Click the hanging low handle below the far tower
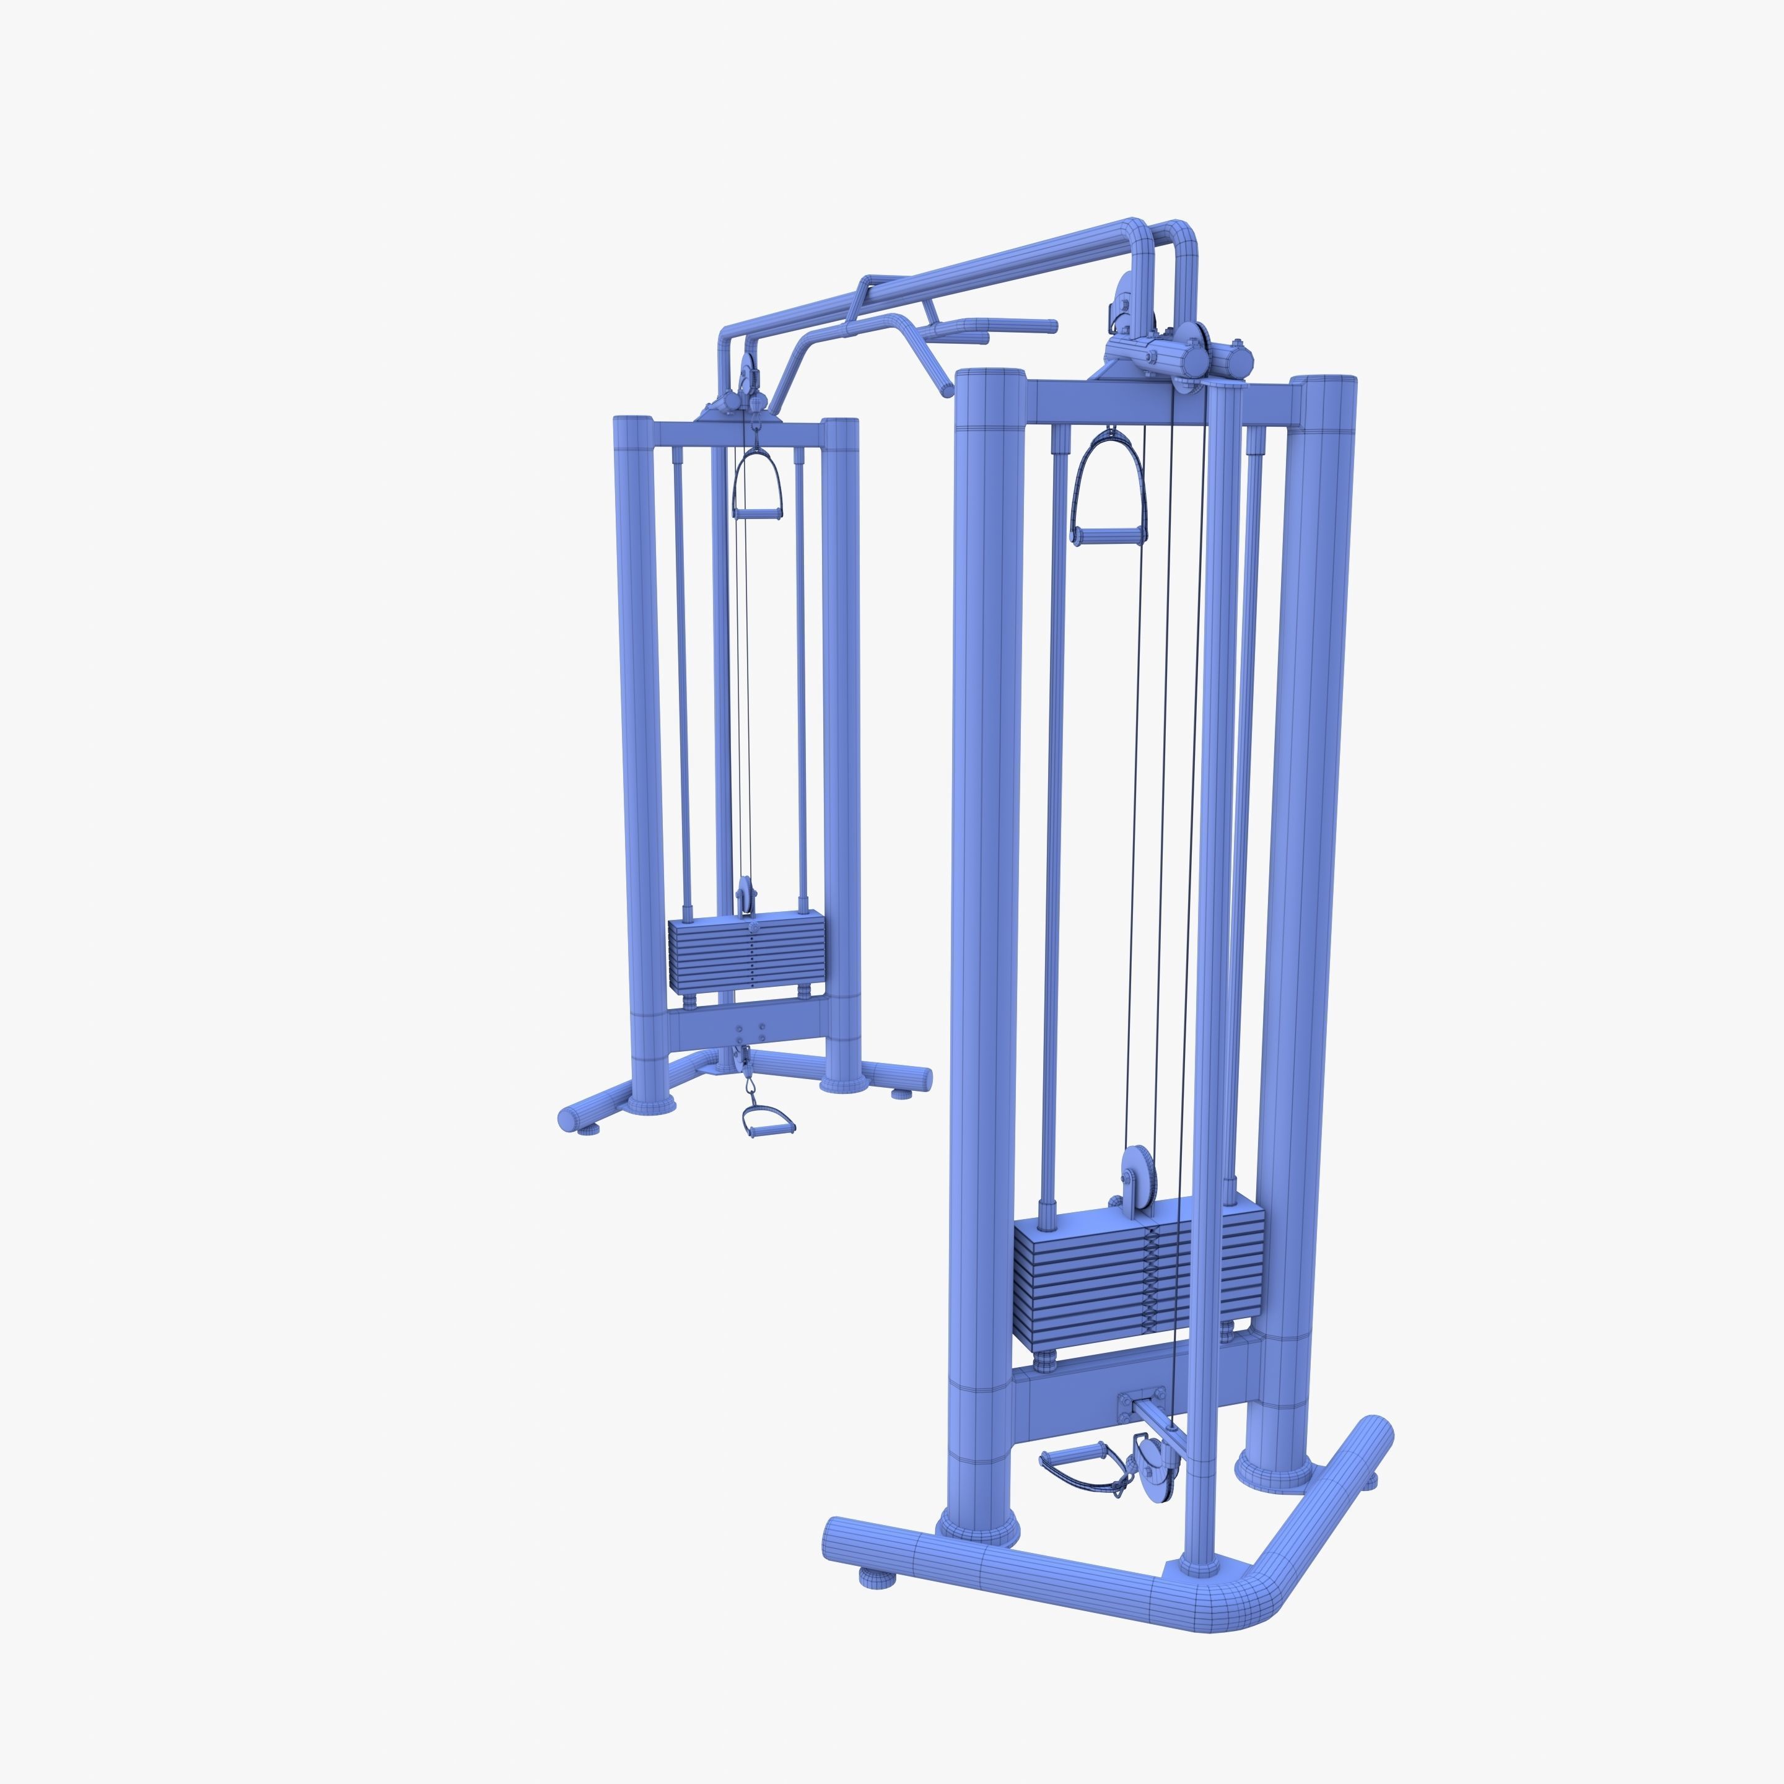pyautogui.click(x=766, y=1121)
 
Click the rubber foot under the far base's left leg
pyautogui.click(x=585, y=1127)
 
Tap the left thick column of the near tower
pyautogui.click(x=984, y=924)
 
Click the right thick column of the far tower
pyautogui.click(x=841, y=739)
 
